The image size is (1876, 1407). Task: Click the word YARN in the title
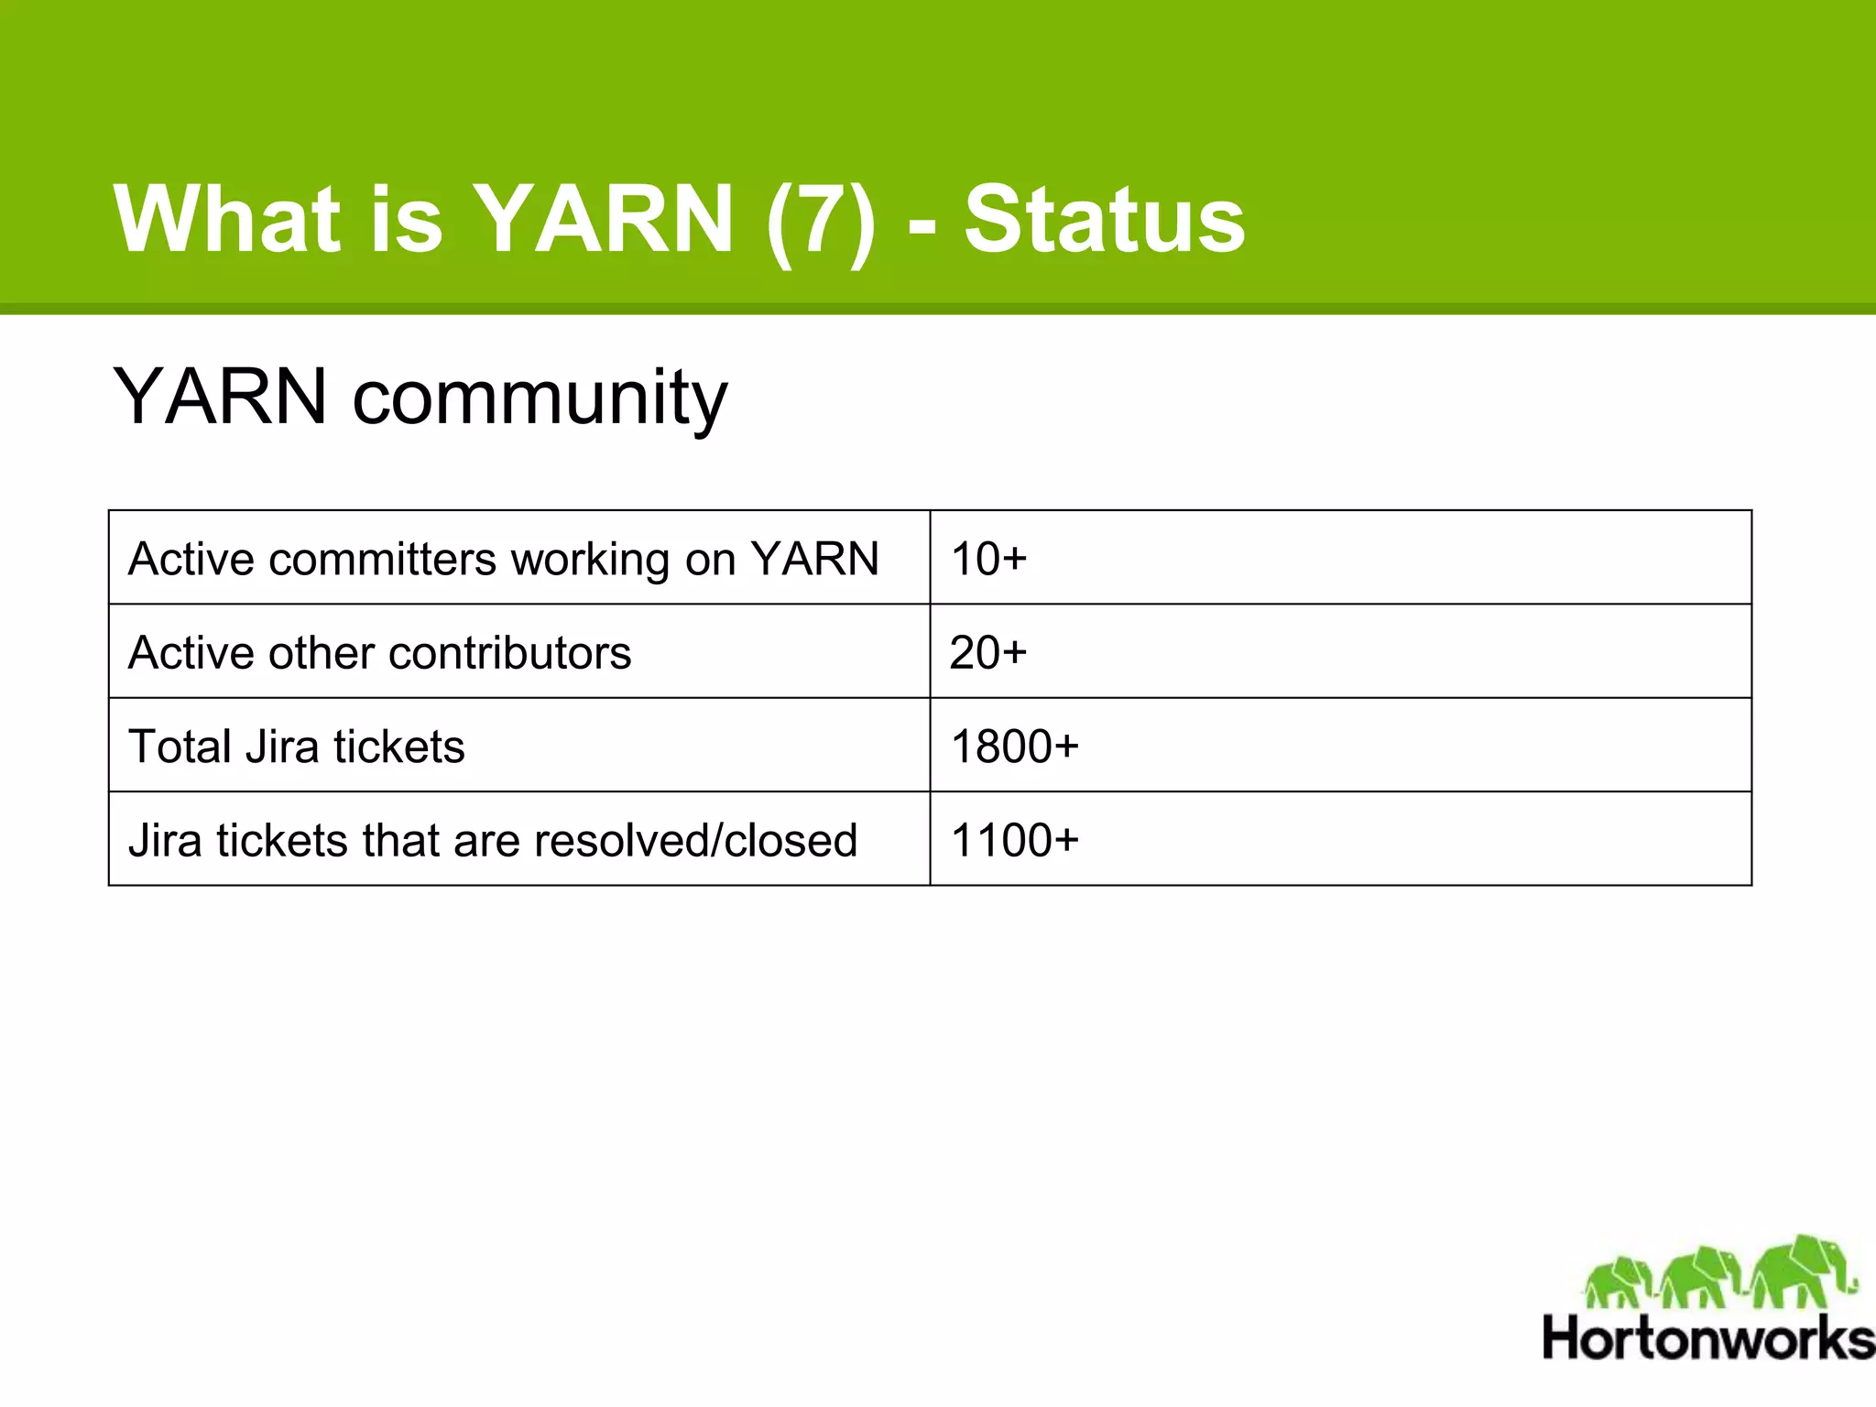pyautogui.click(x=605, y=219)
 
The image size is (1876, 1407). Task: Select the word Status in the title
pyautogui.click(x=1104, y=219)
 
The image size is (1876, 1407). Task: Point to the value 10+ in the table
pyautogui.click(x=988, y=559)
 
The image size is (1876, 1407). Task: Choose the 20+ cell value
pyautogui.click(x=988, y=653)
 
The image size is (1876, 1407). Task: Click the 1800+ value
pyautogui.click(x=1015, y=747)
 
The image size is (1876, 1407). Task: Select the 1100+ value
pyautogui.click(x=1015, y=840)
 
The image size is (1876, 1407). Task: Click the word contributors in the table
pyautogui.click(x=509, y=653)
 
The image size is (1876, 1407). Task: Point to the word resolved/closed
pyautogui.click(x=695, y=840)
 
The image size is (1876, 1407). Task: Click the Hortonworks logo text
pyautogui.click(x=1708, y=1338)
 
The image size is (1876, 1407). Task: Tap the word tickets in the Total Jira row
pyautogui.click(x=399, y=747)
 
